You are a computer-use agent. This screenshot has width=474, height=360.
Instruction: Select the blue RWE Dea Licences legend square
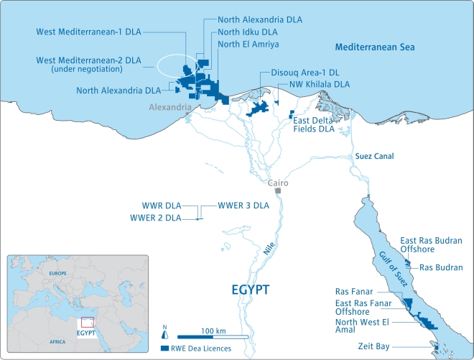164,348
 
